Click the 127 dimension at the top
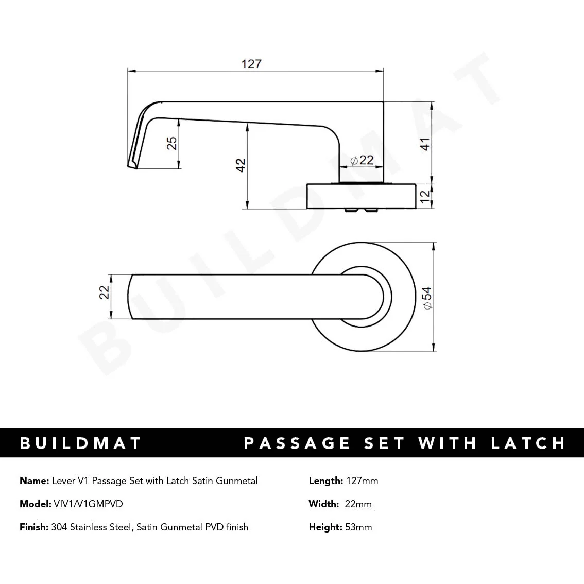pyautogui.click(x=251, y=64)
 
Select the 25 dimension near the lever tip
pyautogui.click(x=173, y=143)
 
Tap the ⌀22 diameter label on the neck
pyautogui.click(x=362, y=160)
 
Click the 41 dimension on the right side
pyautogui.click(x=425, y=144)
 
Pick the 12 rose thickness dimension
pyautogui.click(x=425, y=196)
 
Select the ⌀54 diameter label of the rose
pyautogui.click(x=427, y=298)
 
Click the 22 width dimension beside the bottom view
pyautogui.click(x=105, y=292)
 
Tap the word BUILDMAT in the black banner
pyautogui.click(x=80, y=443)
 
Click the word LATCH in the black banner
pyautogui.click(x=528, y=443)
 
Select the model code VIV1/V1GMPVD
pyautogui.click(x=88, y=504)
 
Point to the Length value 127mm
pyautogui.click(x=362, y=480)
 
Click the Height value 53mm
pyautogui.click(x=358, y=527)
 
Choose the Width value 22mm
pyautogui.click(x=358, y=504)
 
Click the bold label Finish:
pyautogui.click(x=34, y=527)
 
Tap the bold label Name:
pyautogui.click(x=35, y=480)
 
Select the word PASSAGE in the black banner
pyautogui.click(x=297, y=443)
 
